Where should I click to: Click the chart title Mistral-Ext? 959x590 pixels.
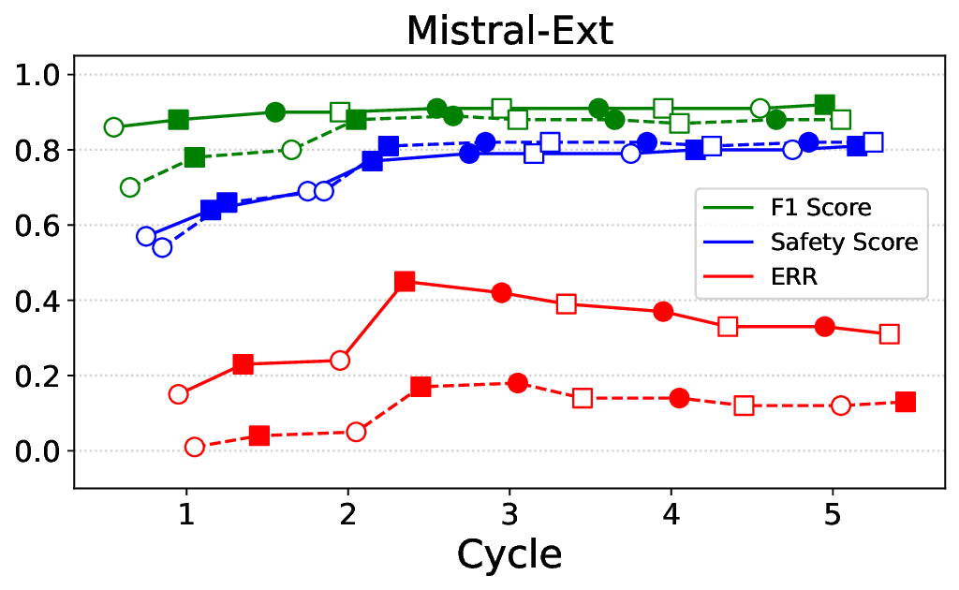point(509,31)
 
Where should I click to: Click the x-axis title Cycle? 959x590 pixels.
point(509,554)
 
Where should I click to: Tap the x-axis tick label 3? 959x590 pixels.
point(509,512)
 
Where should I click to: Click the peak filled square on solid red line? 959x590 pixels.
point(405,281)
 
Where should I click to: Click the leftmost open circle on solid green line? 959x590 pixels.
point(114,127)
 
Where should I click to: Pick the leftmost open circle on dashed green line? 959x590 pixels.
point(130,187)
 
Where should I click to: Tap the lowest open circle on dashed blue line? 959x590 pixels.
point(162,247)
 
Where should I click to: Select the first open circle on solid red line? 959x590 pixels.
point(179,394)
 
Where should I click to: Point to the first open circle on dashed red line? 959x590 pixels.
point(195,447)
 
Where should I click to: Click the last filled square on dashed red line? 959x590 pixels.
point(906,402)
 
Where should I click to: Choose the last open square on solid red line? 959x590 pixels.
point(889,334)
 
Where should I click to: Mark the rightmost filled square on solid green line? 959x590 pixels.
point(824,104)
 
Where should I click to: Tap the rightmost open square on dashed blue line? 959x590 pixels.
point(873,142)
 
